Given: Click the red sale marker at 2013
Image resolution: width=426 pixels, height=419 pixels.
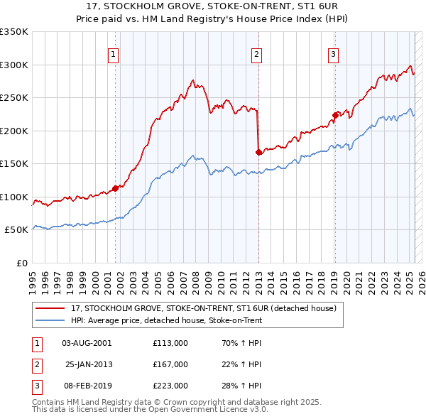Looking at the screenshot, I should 258,152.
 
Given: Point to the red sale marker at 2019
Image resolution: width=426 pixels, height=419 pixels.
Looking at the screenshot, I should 334,115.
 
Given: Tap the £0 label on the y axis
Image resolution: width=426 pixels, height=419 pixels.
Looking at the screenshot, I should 21,263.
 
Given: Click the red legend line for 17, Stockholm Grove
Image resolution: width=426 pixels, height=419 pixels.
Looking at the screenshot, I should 50,308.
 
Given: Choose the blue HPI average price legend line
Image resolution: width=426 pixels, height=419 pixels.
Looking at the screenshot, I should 50,320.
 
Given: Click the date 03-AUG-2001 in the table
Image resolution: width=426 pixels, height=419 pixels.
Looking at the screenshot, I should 87,343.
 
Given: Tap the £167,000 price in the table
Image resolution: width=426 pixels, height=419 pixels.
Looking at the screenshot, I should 170,364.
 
